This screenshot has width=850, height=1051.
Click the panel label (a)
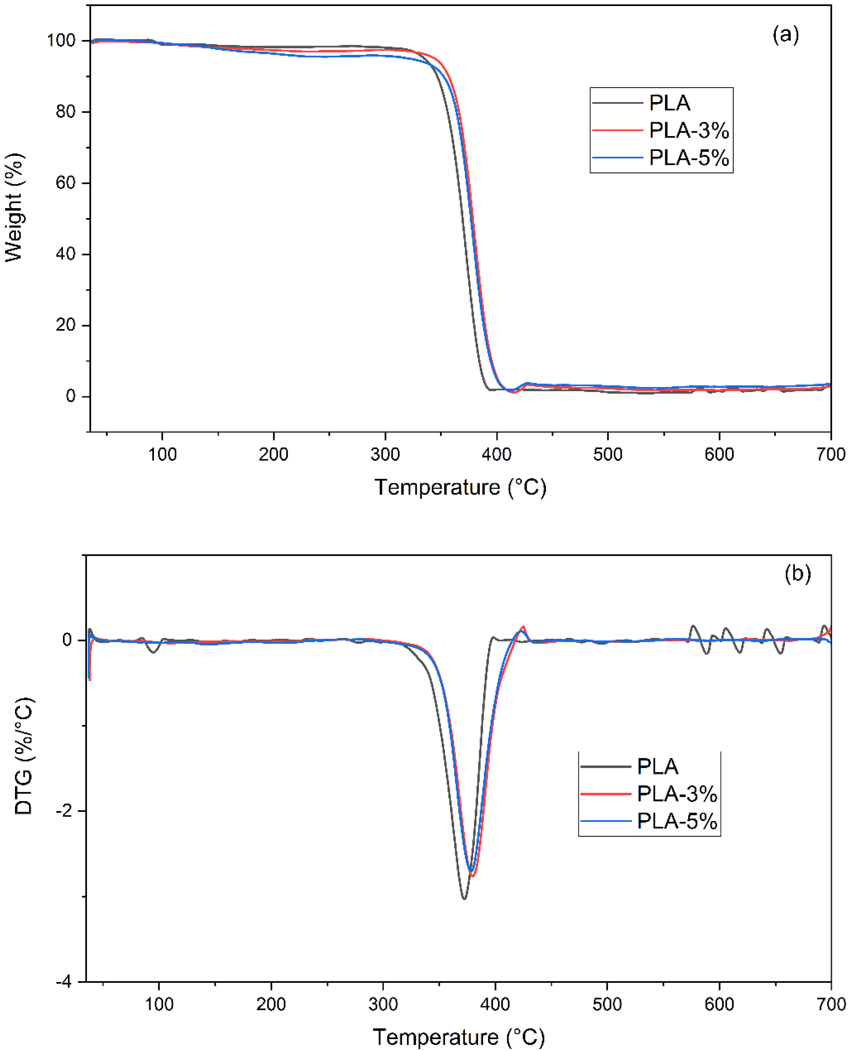785,35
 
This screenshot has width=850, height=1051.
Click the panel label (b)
797,573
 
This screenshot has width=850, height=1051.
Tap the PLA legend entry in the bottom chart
657,766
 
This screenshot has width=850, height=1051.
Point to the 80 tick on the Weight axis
66,112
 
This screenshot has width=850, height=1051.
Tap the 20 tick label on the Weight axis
66,325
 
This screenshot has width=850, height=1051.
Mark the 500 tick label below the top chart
607,455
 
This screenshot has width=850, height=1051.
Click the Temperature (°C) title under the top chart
460,488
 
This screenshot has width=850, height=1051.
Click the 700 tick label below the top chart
831,455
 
